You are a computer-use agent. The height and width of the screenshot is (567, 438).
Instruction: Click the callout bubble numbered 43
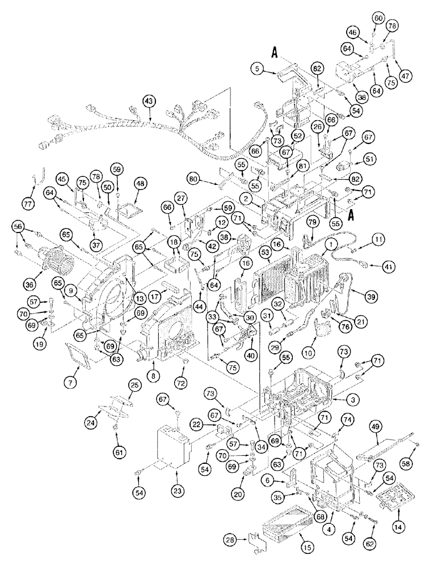(x=149, y=100)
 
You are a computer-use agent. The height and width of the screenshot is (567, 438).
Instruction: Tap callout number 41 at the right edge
(x=372, y=265)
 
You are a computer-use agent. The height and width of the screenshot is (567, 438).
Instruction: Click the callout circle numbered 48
(x=140, y=183)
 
